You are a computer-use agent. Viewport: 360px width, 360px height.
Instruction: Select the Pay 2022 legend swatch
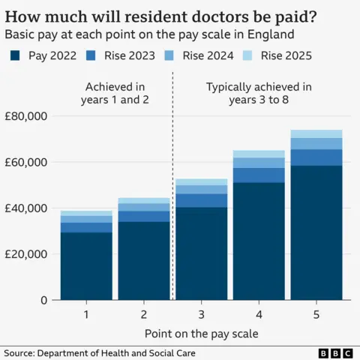16,55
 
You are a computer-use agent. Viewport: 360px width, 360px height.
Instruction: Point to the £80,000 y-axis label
26,116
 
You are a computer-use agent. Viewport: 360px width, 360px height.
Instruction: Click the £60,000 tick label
26,162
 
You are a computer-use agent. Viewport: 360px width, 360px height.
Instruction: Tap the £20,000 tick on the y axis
26,253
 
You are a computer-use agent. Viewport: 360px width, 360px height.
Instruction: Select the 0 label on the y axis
43,300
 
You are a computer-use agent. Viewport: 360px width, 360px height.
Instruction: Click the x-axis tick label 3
201,313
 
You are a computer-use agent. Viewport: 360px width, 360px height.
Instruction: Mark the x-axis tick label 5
316,313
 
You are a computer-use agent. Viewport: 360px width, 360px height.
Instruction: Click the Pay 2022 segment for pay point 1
86,266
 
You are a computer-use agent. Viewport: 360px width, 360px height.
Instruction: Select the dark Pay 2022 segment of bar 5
316,232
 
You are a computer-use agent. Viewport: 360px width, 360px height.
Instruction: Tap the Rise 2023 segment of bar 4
259,175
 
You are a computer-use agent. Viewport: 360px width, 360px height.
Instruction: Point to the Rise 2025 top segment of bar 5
316,133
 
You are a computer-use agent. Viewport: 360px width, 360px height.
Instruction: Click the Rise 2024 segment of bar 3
201,189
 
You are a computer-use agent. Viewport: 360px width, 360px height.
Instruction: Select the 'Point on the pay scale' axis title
201,332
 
